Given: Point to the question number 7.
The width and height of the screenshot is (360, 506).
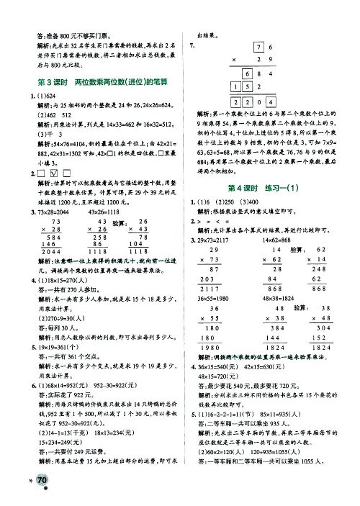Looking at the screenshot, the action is pyautogui.click(x=191, y=45).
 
